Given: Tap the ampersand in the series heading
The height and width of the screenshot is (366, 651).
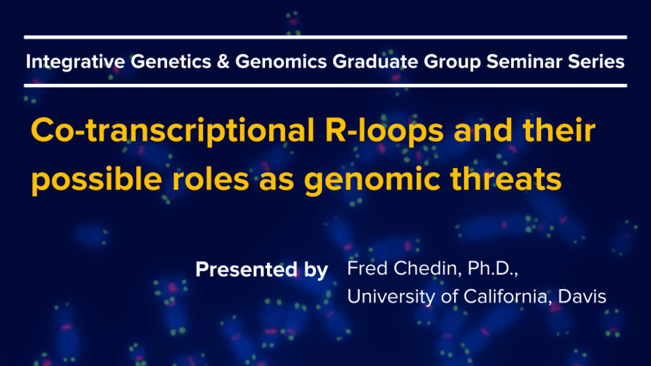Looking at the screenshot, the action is pos(223,62).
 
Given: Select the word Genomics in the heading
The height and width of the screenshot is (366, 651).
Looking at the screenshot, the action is pos(281,62).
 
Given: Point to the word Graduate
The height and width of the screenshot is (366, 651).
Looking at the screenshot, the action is pos(375,62).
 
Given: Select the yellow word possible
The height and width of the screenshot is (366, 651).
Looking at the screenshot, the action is pos(97,179).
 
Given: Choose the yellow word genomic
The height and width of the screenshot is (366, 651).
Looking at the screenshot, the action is pos(372,180).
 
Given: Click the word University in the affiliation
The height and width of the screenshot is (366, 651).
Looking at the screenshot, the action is pos(391,296).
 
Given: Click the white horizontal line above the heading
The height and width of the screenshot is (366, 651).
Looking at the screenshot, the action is pos(325,37).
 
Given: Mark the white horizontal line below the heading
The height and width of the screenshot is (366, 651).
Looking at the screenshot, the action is pos(325,86).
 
